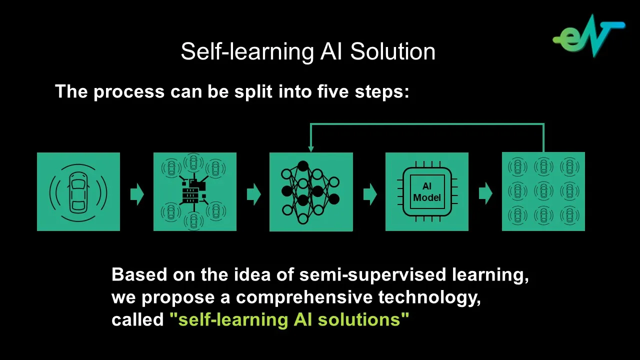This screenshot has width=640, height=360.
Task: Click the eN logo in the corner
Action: click(589, 36)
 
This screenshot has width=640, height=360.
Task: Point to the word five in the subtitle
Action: click(332, 91)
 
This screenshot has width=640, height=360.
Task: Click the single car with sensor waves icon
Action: click(78, 192)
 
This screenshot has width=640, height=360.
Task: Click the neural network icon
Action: click(310, 192)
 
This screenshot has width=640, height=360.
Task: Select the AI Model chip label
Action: click(427, 192)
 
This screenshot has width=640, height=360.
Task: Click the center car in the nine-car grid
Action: click(543, 191)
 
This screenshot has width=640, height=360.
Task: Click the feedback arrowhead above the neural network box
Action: click(311, 148)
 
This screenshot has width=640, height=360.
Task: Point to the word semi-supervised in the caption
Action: click(372, 275)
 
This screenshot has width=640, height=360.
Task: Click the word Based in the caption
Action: click(139, 275)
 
